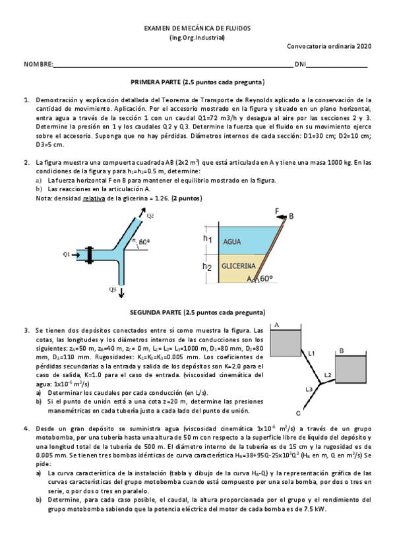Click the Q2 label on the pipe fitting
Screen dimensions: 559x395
click(150, 215)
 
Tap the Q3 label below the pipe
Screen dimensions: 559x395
click(113, 289)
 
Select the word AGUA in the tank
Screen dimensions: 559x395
click(232, 241)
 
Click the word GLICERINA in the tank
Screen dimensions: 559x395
click(238, 266)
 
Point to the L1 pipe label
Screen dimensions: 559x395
click(312, 353)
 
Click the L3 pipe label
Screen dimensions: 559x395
click(309, 389)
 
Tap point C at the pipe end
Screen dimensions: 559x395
click(298, 413)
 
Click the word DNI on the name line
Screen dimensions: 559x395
click(300, 64)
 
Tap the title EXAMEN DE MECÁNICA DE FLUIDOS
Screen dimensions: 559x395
click(197, 28)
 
